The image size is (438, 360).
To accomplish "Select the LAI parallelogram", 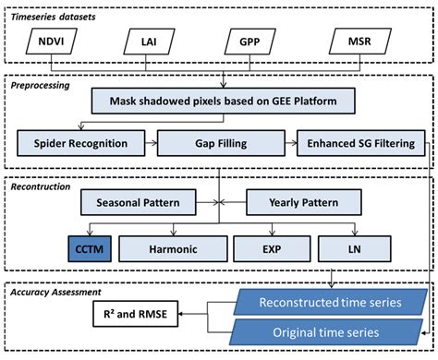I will coord(147,42).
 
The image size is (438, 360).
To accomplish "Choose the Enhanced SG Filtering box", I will coord(361,143).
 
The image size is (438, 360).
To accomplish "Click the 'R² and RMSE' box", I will coord(135,316).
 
